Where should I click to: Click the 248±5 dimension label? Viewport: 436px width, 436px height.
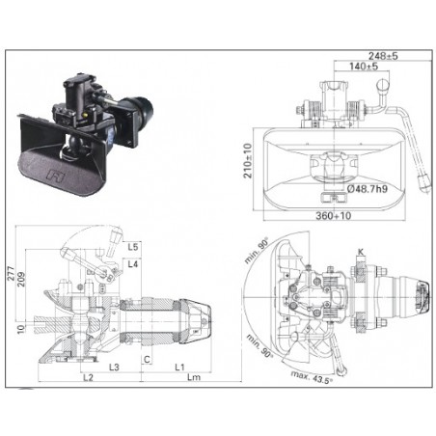[x=383, y=56]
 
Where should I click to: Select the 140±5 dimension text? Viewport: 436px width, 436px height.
[x=364, y=67]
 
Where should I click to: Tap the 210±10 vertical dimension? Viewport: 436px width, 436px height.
[x=248, y=161]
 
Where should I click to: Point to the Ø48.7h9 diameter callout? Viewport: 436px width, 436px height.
[x=368, y=189]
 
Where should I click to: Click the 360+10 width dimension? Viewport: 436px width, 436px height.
[x=334, y=215]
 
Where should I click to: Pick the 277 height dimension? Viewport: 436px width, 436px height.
[x=11, y=273]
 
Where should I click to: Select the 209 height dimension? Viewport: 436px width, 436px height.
[x=21, y=280]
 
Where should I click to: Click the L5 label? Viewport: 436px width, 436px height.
[x=133, y=247]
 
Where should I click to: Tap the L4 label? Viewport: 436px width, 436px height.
[x=133, y=264]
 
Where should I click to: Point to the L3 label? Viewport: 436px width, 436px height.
[x=114, y=367]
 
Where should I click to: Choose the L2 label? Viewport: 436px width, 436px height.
[x=88, y=377]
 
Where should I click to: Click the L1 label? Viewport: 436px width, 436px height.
[x=179, y=367]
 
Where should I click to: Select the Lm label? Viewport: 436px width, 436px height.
[x=194, y=377]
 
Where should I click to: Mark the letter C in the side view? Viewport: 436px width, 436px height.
[x=147, y=359]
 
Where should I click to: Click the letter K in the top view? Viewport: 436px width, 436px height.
[x=361, y=252]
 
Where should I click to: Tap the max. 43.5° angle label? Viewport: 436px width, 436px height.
[x=312, y=377]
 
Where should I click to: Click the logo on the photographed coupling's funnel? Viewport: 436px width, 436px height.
[x=56, y=176]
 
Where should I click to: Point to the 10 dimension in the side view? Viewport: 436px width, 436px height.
[x=21, y=329]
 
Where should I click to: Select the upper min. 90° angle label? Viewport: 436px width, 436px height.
[x=257, y=251]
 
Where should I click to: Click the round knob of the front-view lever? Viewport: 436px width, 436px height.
[x=383, y=85]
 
